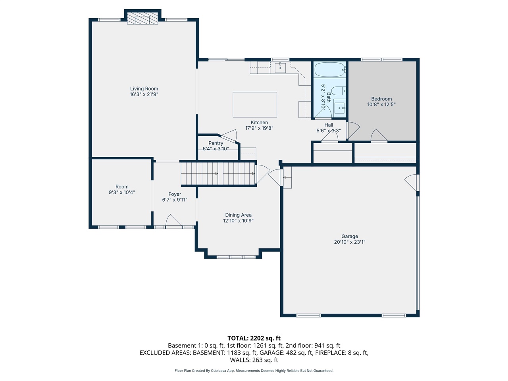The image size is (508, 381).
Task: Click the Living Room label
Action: tap(144, 89)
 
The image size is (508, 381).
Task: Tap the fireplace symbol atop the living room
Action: tap(142, 18)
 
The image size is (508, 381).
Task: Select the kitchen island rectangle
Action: tap(255, 104)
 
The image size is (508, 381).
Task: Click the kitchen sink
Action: tap(280, 67)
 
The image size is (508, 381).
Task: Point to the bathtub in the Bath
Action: tap(329, 70)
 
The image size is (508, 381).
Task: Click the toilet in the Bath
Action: tap(338, 91)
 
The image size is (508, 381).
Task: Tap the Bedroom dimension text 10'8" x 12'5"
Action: tap(381, 105)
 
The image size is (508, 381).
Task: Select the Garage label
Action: tap(350, 236)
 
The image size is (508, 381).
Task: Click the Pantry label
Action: tap(216, 143)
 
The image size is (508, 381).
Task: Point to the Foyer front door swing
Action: tap(173, 221)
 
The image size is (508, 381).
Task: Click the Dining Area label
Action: tap(238, 215)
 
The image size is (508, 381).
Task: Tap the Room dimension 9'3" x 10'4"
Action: tap(122, 192)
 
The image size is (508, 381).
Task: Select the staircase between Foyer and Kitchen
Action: tap(218, 173)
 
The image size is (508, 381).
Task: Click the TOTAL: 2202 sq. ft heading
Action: tap(254, 338)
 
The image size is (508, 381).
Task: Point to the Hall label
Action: tap(329, 125)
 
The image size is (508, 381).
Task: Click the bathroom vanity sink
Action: tap(340, 108)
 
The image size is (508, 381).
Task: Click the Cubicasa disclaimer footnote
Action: tap(254, 371)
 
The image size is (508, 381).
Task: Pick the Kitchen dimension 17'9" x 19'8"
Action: tap(259, 128)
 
